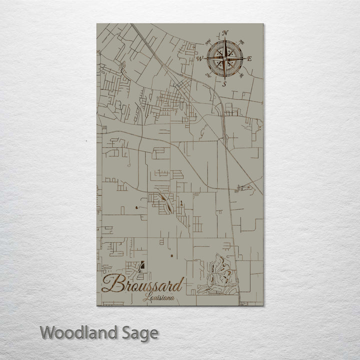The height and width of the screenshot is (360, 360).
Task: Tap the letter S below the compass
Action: [224, 84]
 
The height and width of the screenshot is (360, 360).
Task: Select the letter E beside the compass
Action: [249, 59]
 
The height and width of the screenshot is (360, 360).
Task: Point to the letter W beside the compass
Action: [199, 59]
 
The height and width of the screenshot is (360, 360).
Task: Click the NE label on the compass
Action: [242, 41]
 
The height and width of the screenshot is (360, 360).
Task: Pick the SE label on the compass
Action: [241, 76]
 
